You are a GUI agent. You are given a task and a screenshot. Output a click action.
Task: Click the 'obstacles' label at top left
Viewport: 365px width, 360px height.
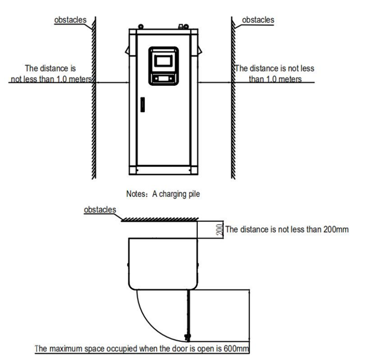(71, 20)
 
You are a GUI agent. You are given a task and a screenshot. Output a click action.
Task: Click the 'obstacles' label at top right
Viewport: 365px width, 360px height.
(258, 20)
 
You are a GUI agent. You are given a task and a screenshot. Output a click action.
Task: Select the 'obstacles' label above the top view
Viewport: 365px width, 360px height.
(100, 210)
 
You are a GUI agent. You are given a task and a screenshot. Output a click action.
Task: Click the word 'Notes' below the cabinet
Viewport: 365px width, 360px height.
(136, 194)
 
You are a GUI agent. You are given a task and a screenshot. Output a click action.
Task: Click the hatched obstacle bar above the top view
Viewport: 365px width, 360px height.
(159, 219)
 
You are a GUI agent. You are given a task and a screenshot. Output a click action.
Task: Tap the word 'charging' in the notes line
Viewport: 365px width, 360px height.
(168, 194)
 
